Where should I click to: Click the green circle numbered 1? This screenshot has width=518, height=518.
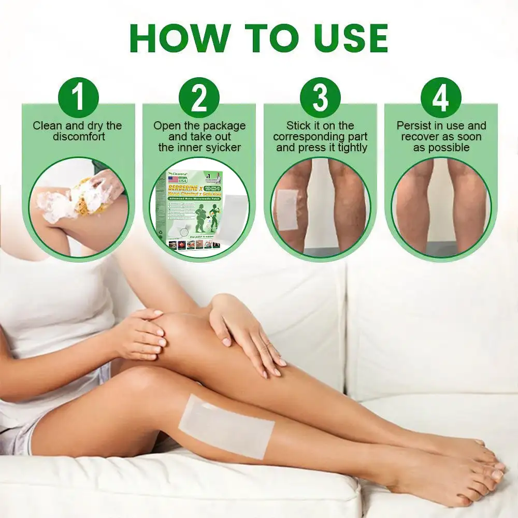click(78, 97)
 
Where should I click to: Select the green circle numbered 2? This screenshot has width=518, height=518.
click(199, 97)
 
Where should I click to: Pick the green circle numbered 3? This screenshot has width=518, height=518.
click(320, 97)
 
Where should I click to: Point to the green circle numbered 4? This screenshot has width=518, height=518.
click(441, 97)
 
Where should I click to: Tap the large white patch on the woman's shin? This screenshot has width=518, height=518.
click(226, 426)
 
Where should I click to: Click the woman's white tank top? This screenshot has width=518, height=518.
click(57, 306)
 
